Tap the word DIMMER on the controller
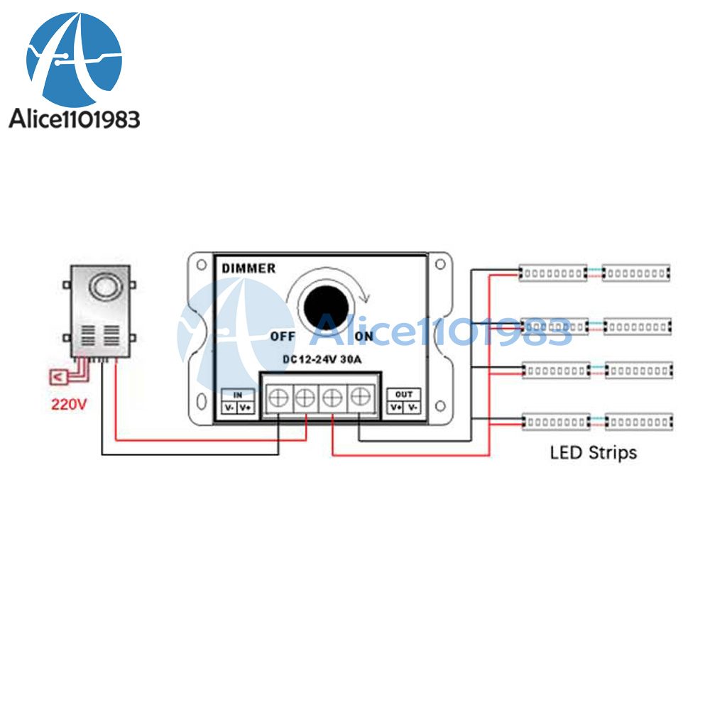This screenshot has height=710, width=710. coord(248,268)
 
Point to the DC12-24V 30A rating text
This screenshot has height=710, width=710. coord(322,359)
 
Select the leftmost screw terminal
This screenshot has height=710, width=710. coord(278,398)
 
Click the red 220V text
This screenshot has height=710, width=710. coord(68,405)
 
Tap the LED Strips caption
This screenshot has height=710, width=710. coord(594,452)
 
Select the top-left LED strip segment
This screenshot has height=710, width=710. coord(553,273)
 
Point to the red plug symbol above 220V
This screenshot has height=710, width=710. coord(58,376)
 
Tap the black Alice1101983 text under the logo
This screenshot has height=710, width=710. coord(75,119)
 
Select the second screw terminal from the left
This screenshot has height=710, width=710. coord(305,398)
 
